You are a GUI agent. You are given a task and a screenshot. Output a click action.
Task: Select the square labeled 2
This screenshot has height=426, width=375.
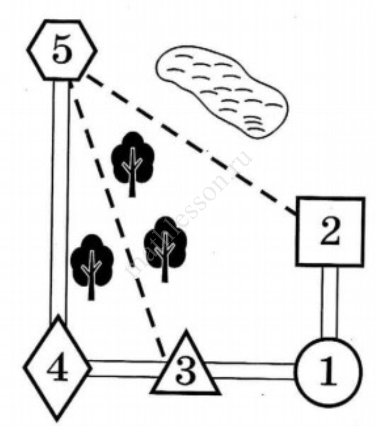tap(330, 232)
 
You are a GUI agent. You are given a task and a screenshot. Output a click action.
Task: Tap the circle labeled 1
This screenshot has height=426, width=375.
tap(328, 372)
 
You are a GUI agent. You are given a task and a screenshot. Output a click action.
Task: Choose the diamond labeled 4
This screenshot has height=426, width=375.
tap(57, 368)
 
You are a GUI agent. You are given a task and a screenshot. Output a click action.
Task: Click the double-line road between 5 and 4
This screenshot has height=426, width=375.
tap(60, 200)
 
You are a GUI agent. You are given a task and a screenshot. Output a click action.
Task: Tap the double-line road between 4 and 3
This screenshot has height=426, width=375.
tap(125, 369)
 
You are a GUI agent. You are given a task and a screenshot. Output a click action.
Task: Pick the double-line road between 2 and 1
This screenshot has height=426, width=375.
tap(329, 302)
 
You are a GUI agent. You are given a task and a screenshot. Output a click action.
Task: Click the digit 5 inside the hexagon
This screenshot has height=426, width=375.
tap(62, 51)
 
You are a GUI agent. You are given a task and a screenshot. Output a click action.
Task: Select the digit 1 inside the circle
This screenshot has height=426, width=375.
tap(328, 372)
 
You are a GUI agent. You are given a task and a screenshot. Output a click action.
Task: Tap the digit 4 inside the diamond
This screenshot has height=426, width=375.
tap(57, 368)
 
